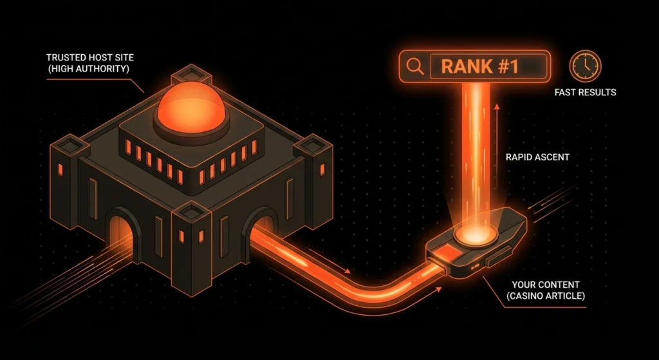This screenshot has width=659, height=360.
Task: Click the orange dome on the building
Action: pos(191,106)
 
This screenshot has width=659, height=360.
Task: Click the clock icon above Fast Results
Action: pos(585,66)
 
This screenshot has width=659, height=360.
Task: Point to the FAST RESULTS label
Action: pos(585,93)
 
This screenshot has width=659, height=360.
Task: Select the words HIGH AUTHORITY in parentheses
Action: pos(90,69)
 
